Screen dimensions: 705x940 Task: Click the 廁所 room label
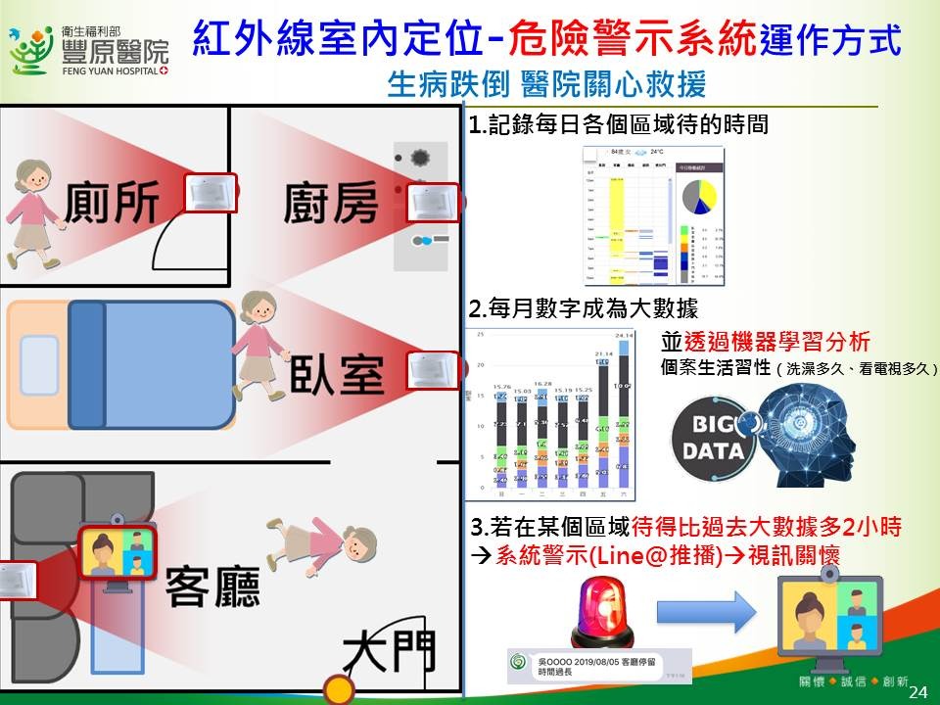click(x=110, y=204)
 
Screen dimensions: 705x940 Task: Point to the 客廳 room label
click(x=212, y=586)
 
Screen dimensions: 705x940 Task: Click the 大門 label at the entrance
click(x=389, y=653)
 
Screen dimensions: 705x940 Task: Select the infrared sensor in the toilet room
click(x=211, y=193)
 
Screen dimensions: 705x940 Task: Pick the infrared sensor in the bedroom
click(x=432, y=370)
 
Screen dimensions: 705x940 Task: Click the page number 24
click(x=917, y=692)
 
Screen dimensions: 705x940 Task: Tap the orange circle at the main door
click(x=339, y=690)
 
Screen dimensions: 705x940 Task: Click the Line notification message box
click(x=598, y=666)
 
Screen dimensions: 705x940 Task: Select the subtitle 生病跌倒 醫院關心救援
click(x=546, y=85)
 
